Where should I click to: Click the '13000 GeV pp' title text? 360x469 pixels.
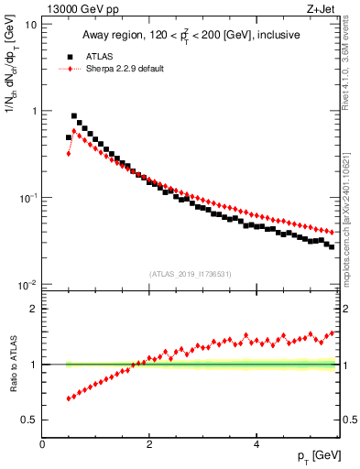point(80,10)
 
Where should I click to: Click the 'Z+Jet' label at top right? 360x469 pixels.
point(322,10)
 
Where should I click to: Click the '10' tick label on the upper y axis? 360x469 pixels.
point(30,24)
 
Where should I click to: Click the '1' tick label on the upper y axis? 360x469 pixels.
point(33,111)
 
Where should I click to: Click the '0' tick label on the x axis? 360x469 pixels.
point(42,444)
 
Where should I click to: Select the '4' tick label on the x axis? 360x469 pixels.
point(256,444)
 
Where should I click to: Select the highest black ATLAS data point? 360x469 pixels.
point(74,116)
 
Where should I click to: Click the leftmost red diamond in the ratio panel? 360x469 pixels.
point(69,398)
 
